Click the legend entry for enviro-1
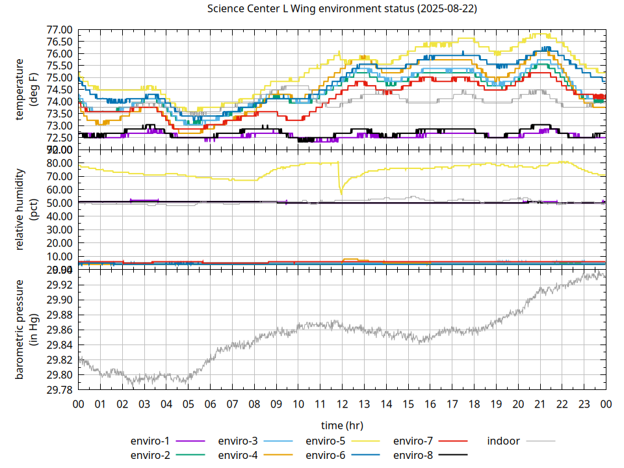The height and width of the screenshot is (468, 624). (150, 441)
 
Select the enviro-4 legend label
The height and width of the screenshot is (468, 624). (238, 455)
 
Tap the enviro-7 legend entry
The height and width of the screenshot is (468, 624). (413, 441)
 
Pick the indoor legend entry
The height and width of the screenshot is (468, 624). (504, 441)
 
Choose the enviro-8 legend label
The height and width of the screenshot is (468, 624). (413, 455)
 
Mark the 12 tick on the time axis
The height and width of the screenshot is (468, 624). (342, 404)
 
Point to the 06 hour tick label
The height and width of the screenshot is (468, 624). (210, 404)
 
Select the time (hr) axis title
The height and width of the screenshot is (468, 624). (342, 425)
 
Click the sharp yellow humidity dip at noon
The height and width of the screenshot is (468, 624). (341, 192)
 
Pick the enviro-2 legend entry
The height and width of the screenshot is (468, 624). (150, 455)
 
